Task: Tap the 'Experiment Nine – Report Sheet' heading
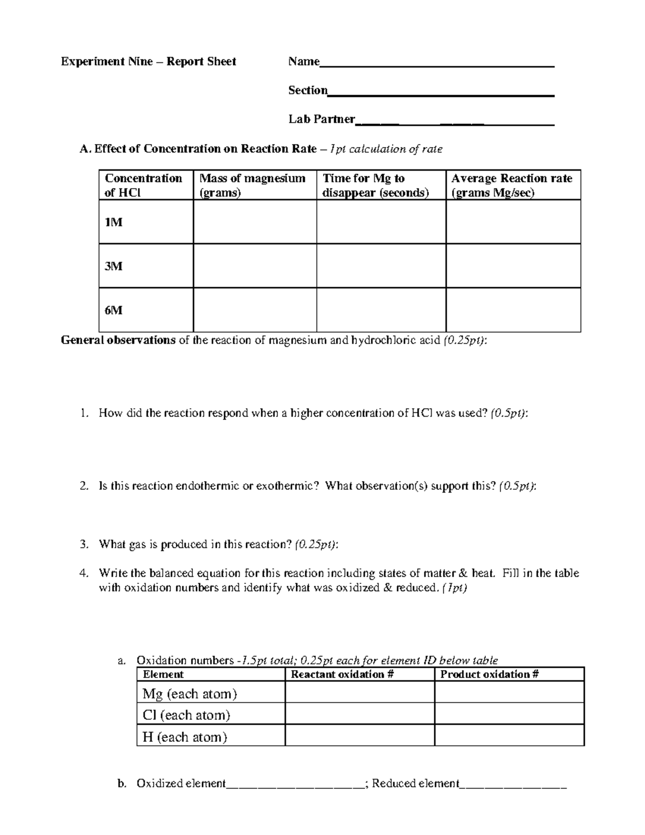(x=148, y=62)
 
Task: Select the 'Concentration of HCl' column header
(x=144, y=185)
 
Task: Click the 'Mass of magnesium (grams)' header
(x=252, y=185)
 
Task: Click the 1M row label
(x=113, y=222)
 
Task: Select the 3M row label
(x=113, y=266)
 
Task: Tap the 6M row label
(x=113, y=310)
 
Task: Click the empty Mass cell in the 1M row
(x=255, y=222)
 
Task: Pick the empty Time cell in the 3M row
(x=381, y=266)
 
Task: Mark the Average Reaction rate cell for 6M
(x=513, y=310)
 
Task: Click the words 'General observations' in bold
(x=118, y=340)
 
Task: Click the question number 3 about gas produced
(x=83, y=544)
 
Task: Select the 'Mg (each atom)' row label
(x=190, y=694)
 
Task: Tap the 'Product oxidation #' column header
(x=490, y=674)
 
